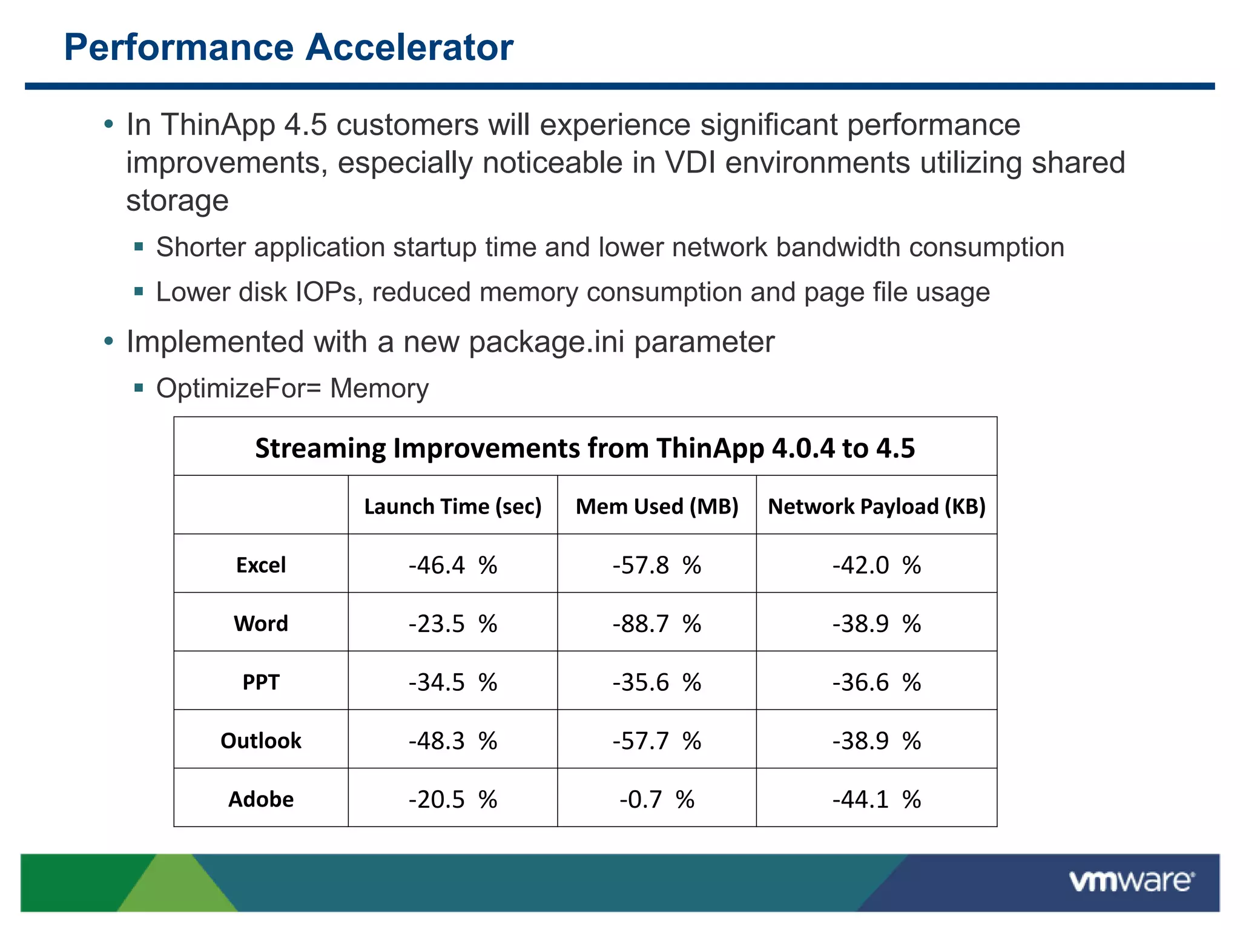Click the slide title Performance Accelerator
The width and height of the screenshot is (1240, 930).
[289, 47]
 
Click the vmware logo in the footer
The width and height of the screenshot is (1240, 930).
[1131, 880]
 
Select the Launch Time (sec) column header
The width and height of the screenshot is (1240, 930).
[452, 506]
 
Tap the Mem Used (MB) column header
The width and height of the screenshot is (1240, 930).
[657, 506]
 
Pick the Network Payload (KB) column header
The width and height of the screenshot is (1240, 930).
[877, 506]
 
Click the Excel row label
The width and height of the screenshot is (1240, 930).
[261, 565]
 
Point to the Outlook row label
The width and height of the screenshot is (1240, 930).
[261, 740]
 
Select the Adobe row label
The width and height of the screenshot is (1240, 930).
[261, 799]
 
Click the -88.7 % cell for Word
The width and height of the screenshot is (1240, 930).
[657, 624]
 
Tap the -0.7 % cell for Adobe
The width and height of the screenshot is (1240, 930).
[657, 799]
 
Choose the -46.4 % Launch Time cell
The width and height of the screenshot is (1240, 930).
[452, 565]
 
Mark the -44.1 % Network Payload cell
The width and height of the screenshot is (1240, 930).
[877, 799]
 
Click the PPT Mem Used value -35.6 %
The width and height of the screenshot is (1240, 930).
[657, 682]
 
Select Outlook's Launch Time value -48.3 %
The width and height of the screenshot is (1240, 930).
[452, 740]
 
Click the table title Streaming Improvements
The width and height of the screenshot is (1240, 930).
[585, 448]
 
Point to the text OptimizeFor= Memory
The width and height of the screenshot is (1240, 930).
[292, 388]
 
